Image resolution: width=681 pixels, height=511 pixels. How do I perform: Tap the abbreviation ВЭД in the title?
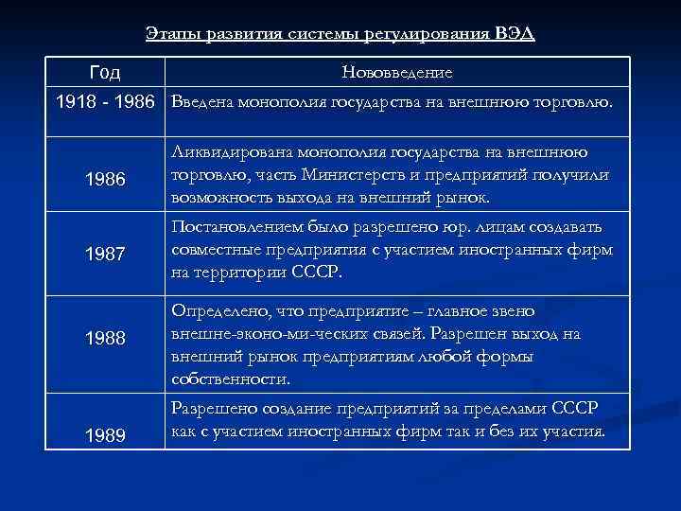coord(515,35)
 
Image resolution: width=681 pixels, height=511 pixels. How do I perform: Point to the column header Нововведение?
coord(397,73)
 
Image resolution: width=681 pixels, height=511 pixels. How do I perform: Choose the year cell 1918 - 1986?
coord(105,100)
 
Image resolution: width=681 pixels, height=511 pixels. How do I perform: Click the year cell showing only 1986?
coord(104,178)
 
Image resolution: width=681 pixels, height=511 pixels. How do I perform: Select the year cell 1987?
coord(104,254)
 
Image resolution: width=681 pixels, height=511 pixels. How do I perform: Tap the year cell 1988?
coord(104,338)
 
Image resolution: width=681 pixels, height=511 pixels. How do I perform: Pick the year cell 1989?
coord(104,434)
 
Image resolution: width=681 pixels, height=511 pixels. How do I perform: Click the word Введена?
coord(204,100)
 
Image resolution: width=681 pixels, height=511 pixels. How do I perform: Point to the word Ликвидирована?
coord(231,151)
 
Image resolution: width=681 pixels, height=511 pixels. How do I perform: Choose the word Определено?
coord(218,311)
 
